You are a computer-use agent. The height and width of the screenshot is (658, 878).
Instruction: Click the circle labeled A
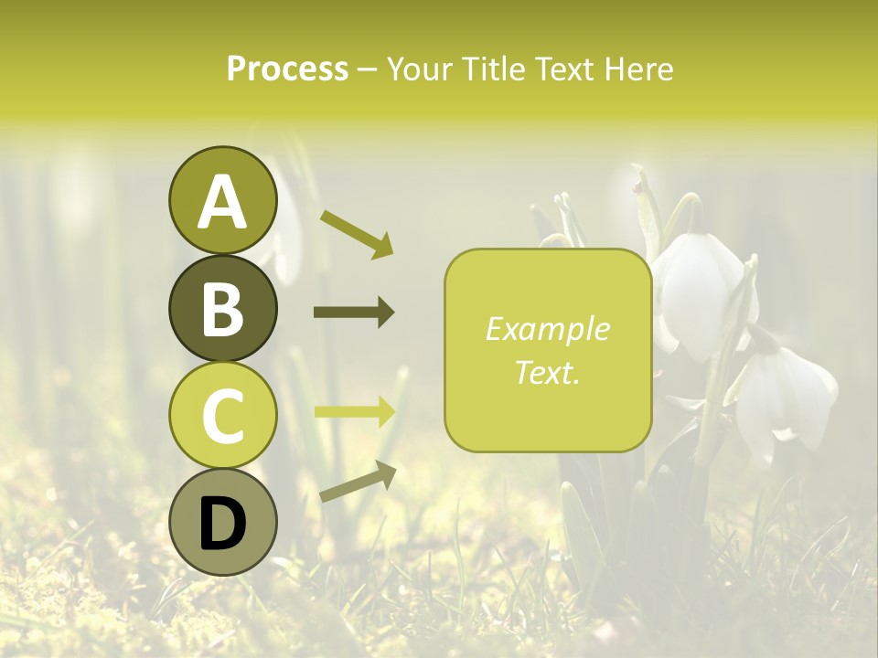pyautogui.click(x=222, y=200)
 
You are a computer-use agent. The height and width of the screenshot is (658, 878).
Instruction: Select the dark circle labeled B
pyautogui.click(x=222, y=308)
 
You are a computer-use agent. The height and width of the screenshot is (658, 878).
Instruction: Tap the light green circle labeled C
pyautogui.click(x=222, y=416)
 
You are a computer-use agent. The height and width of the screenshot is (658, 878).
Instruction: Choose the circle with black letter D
pyautogui.click(x=222, y=523)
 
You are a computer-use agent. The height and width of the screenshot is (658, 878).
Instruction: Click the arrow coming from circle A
pyautogui.click(x=357, y=233)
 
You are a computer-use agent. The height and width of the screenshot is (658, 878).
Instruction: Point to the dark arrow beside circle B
pyautogui.click(x=354, y=313)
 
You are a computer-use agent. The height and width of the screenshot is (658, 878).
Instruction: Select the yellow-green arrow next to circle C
pyautogui.click(x=355, y=411)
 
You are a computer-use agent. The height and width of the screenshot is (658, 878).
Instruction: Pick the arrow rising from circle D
pyautogui.click(x=358, y=483)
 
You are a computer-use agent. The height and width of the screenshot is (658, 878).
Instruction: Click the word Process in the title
pyautogui.click(x=287, y=69)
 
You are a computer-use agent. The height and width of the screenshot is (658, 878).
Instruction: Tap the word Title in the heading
pyautogui.click(x=493, y=69)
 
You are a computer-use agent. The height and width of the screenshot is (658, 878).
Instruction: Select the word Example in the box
pyautogui.click(x=548, y=329)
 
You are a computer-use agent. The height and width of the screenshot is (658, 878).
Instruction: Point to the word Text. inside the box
pyautogui.click(x=548, y=372)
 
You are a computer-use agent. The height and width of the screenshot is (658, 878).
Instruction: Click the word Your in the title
pyautogui.click(x=420, y=69)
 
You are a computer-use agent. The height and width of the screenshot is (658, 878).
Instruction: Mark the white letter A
pyautogui.click(x=222, y=202)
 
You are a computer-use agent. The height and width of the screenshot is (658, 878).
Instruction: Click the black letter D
pyautogui.click(x=222, y=525)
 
